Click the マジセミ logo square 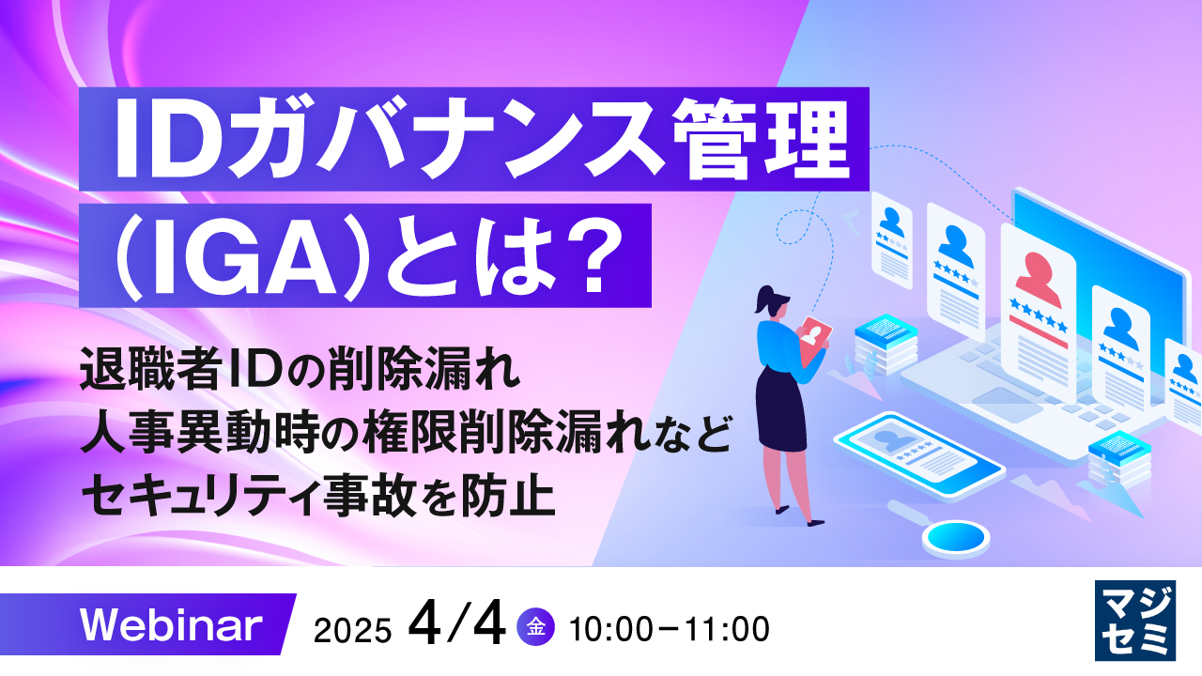tap(1135, 620)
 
